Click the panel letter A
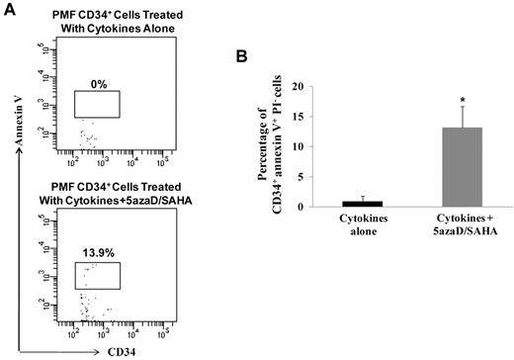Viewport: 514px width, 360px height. (x=8, y=9)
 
